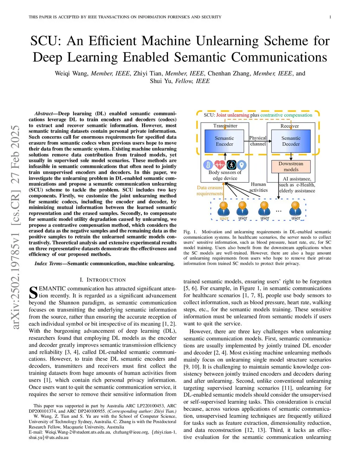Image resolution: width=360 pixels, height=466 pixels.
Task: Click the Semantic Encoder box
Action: (224, 141)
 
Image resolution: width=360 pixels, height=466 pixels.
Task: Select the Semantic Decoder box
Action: (291, 141)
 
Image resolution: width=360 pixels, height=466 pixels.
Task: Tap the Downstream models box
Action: (291, 166)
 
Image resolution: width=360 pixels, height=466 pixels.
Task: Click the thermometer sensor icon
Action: (208, 165)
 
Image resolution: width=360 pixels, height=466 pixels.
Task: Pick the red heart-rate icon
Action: (219, 165)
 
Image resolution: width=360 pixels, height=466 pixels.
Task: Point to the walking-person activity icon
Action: (231, 165)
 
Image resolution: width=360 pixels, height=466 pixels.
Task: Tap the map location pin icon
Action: (242, 165)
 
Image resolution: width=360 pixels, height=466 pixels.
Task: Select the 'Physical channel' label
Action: (258, 141)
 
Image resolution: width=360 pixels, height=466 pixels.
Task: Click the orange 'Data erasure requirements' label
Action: (210, 190)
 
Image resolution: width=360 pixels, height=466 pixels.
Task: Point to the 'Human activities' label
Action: (258, 187)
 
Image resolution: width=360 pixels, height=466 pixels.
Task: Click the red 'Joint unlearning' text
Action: (232, 115)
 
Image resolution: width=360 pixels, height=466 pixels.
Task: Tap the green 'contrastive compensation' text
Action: (286, 115)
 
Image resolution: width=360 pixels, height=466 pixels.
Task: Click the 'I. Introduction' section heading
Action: (103, 280)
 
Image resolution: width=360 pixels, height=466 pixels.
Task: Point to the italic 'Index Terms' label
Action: (48, 263)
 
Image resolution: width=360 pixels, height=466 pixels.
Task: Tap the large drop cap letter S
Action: (33, 293)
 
